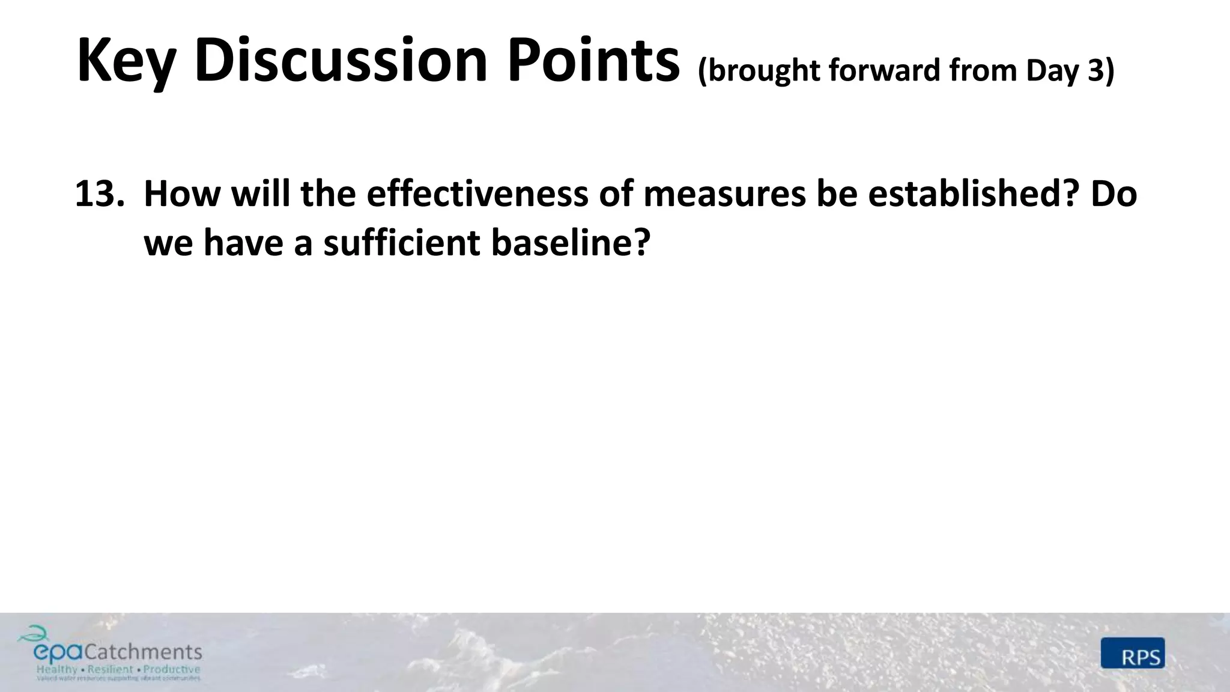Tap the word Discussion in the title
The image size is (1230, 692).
pos(340,60)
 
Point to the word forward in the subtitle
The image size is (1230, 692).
pos(885,71)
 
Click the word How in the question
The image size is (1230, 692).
pos(181,194)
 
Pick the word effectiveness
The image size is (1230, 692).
pos(478,194)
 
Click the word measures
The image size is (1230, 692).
pos(724,194)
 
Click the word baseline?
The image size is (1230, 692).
pos(571,243)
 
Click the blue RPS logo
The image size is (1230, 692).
pos(1133,653)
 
